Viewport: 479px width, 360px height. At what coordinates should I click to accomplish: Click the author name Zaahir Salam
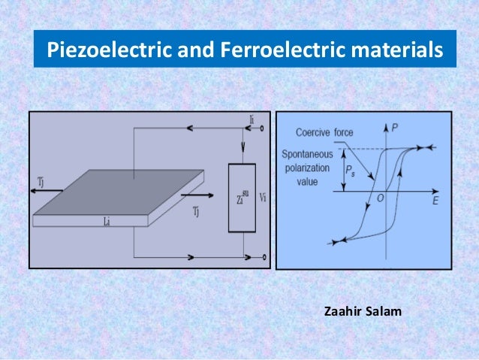click(x=363, y=309)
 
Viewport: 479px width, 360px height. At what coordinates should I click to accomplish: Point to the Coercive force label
click(x=324, y=132)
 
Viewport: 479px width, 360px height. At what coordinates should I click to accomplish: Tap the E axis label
click(x=435, y=201)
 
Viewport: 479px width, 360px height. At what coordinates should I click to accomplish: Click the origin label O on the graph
click(x=381, y=198)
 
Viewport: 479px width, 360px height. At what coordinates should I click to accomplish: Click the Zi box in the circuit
click(x=242, y=198)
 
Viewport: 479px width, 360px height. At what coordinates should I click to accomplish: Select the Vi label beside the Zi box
click(x=262, y=198)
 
